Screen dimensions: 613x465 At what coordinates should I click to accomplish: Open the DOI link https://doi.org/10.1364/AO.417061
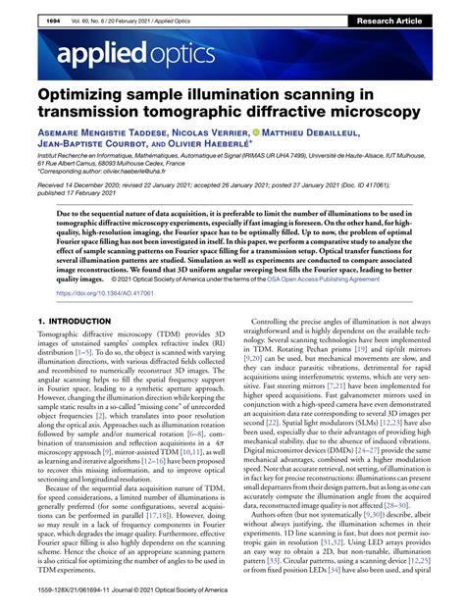pos(102,291)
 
